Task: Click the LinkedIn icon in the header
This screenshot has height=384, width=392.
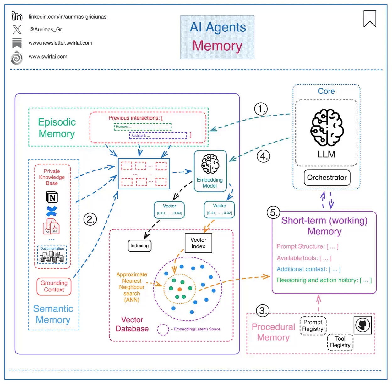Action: (17, 16)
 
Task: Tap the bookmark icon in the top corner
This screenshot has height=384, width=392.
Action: (370, 19)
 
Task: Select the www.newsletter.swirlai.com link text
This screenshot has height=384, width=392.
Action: (60, 43)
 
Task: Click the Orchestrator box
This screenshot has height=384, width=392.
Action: (327, 178)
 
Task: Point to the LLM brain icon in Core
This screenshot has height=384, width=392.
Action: (327, 127)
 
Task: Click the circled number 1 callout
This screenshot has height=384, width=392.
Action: (261, 109)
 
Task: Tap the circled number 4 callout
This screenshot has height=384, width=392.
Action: (263, 156)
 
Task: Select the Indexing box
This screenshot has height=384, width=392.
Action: (139, 246)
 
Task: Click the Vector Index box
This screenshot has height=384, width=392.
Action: (198, 243)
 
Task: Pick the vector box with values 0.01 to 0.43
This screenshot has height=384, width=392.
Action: (169, 210)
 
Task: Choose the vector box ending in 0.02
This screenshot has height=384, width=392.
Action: (219, 209)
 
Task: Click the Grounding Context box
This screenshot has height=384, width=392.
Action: (54, 286)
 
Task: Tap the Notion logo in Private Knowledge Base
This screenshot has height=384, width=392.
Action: (52, 197)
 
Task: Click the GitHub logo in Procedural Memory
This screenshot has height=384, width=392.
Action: (362, 325)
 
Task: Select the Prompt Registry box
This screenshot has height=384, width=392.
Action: (313, 326)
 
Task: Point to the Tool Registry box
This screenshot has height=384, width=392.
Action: (340, 342)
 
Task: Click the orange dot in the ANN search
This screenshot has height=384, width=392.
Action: (180, 289)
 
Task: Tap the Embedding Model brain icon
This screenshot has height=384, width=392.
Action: (210, 164)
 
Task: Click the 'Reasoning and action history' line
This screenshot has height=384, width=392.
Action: (324, 280)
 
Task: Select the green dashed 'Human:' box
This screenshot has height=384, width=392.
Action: (143, 127)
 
